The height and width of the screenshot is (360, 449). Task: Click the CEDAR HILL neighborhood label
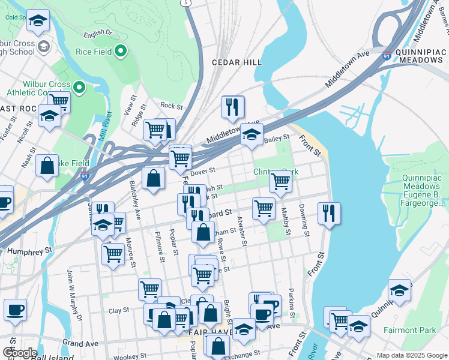coord(237,62)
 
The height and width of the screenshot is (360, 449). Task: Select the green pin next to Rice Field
coord(121,52)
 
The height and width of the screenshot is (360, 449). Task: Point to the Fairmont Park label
coord(410,330)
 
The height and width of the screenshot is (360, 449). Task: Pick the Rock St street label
coord(171,106)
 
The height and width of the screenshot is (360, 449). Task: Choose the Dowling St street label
coord(304,221)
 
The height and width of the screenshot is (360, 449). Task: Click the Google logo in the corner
coord(20,353)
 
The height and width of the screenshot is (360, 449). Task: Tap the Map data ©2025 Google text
coord(411,355)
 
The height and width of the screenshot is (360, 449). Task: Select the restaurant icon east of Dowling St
coord(329,212)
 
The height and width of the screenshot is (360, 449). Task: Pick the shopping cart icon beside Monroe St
coord(113,254)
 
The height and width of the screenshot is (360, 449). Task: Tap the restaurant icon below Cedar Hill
coord(232,107)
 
